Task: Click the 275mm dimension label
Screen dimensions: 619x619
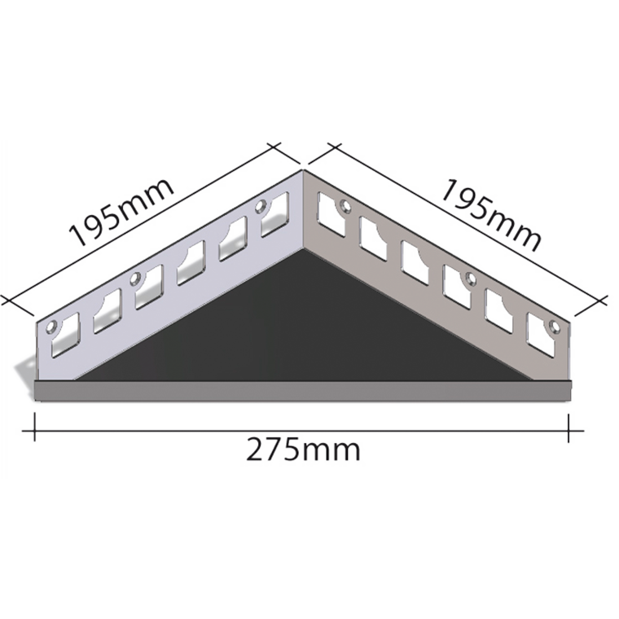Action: click(x=303, y=450)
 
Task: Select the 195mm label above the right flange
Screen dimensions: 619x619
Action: click(x=490, y=215)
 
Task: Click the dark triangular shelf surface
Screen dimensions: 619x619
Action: click(x=303, y=327)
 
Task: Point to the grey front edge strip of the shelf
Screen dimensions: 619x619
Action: click(x=303, y=391)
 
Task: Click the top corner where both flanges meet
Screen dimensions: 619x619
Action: click(x=303, y=170)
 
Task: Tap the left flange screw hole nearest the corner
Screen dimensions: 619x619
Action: click(x=260, y=206)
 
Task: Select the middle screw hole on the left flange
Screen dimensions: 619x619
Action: click(x=135, y=279)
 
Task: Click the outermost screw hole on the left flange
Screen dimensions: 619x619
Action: click(x=51, y=327)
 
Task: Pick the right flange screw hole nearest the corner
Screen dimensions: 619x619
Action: click(x=346, y=206)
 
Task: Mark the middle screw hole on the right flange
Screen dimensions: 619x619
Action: click(x=471, y=279)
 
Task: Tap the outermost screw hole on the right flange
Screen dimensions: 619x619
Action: click(x=555, y=326)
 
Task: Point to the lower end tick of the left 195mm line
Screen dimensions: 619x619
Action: click(x=18, y=305)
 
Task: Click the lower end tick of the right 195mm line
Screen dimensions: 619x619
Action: click(x=591, y=306)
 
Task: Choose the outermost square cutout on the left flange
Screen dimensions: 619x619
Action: click(x=65, y=336)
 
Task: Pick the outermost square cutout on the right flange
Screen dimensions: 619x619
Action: click(x=540, y=336)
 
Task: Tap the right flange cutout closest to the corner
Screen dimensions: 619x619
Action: click(x=331, y=215)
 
